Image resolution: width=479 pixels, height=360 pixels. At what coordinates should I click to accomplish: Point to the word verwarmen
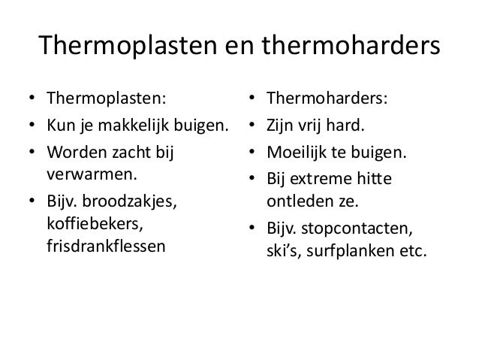tap(92, 176)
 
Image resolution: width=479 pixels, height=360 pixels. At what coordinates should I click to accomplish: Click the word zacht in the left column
tap(129, 154)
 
